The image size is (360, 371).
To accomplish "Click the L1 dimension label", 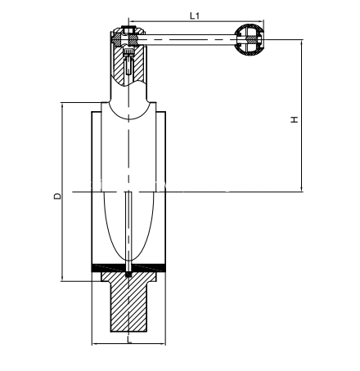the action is [195, 16].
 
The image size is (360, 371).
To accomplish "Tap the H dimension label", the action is [295, 119].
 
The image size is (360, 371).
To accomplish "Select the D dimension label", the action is [57, 196].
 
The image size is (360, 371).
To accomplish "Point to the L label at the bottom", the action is [129, 339].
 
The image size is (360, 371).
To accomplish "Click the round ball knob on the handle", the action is [250, 40].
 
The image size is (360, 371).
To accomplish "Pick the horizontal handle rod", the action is [187, 40].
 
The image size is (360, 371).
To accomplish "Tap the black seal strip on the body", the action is [128, 268].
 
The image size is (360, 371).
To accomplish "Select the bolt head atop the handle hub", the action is [128, 29].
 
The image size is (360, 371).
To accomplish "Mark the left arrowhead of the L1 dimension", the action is [131, 21].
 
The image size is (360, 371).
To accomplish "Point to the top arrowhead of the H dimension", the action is [302, 42].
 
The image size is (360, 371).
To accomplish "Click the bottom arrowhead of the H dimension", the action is [302, 189].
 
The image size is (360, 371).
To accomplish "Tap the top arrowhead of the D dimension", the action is [62, 106].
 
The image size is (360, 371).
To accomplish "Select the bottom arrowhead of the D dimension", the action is [62, 278].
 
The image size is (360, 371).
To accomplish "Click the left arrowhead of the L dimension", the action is [95, 344].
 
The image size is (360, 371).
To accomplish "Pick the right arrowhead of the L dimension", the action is [163, 344].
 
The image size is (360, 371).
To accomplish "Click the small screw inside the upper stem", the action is [128, 61].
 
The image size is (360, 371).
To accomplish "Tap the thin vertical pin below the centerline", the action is [128, 233].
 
